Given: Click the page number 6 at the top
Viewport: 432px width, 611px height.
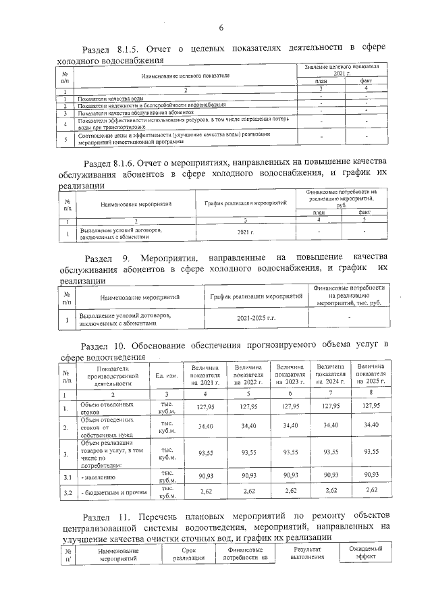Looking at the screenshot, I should tap(220, 27).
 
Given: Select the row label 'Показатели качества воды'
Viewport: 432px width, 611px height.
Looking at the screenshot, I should tap(109, 99).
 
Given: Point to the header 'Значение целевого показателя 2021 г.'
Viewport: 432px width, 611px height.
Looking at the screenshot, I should tap(342, 70).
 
